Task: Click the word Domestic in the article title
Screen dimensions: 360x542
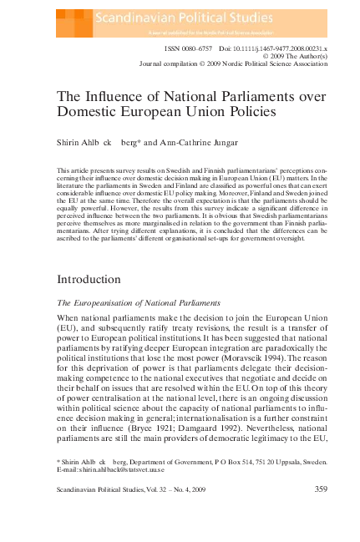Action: click(x=91, y=115)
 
